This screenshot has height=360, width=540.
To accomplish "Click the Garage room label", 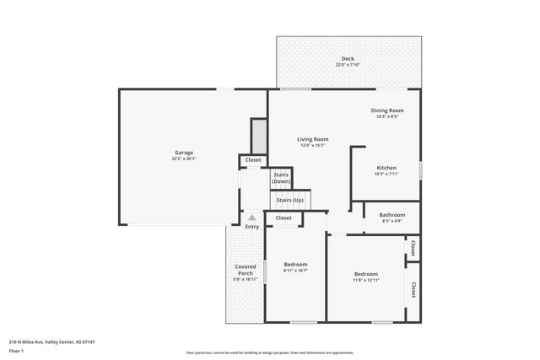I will [184, 153].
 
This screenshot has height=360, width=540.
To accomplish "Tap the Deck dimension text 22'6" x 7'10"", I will [348, 65].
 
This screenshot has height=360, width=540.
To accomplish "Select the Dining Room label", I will [387, 110].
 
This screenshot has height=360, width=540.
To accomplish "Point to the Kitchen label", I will [386, 168].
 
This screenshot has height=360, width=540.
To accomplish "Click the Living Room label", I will [312, 139].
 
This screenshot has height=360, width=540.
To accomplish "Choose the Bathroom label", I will [391, 215].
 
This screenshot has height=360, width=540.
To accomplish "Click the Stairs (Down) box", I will [281, 178].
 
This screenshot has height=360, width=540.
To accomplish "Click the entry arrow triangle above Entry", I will [251, 217].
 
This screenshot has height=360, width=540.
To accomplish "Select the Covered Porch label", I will [245, 270].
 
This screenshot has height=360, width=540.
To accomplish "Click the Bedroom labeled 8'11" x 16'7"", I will [295, 264].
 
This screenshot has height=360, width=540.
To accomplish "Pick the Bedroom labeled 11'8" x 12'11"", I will [365, 274].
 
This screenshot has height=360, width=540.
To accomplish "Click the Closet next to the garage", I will [253, 159].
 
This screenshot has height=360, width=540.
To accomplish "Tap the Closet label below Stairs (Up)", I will [283, 218].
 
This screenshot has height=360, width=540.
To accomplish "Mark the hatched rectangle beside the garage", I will [259, 135].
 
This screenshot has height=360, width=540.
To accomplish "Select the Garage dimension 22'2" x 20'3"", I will [184, 159].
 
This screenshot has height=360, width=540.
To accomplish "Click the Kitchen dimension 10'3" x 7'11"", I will [386, 174].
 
